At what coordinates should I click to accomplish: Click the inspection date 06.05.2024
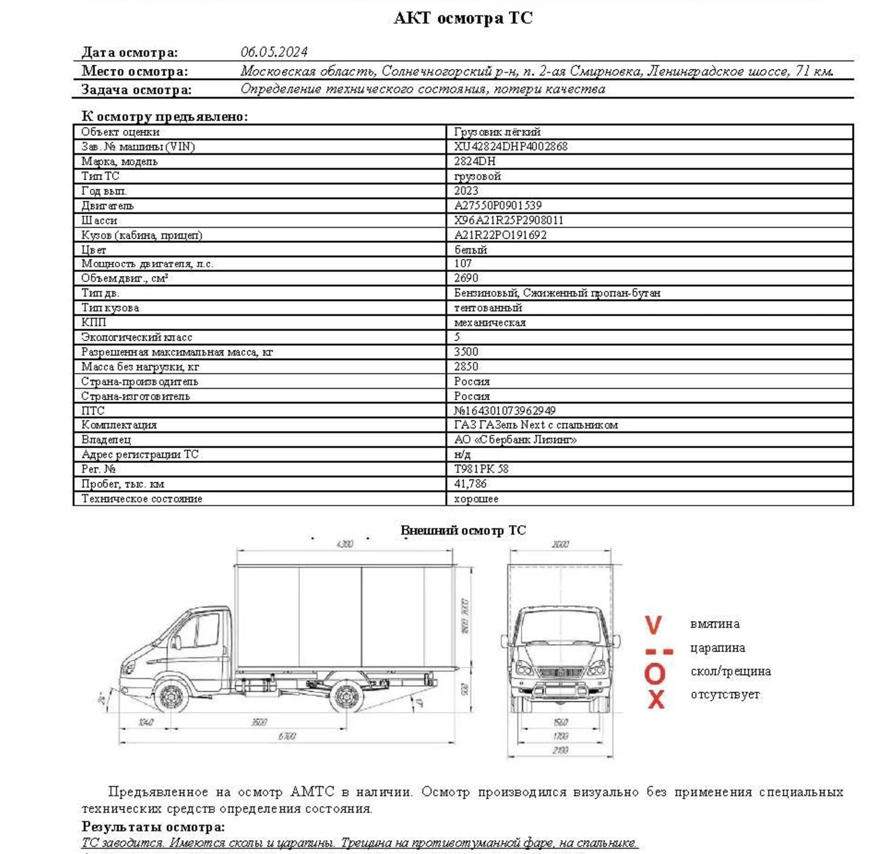coord(274,52)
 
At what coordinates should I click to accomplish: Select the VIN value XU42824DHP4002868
coord(511,147)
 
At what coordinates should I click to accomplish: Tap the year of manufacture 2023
coord(466,190)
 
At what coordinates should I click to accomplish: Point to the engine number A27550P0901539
coord(498,206)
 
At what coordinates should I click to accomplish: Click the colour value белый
coord(470,250)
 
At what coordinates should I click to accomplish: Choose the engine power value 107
coord(463,264)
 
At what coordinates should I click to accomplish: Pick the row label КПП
coord(94,322)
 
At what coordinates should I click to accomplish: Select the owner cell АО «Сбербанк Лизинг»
coord(515,440)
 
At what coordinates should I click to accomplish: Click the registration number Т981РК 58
coord(481,469)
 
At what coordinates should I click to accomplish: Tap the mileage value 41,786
coord(470,484)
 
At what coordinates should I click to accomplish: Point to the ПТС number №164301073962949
coord(504,410)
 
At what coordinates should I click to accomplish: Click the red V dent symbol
coord(653,625)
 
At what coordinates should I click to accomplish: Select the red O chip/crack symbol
coord(654,674)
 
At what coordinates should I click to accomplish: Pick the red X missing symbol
coord(656,699)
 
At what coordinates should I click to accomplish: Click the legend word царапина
coord(717,648)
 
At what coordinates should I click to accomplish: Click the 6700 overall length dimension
coord(287,736)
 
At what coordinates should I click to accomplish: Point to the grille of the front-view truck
coord(560,671)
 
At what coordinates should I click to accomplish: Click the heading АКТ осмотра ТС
coord(463,19)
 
